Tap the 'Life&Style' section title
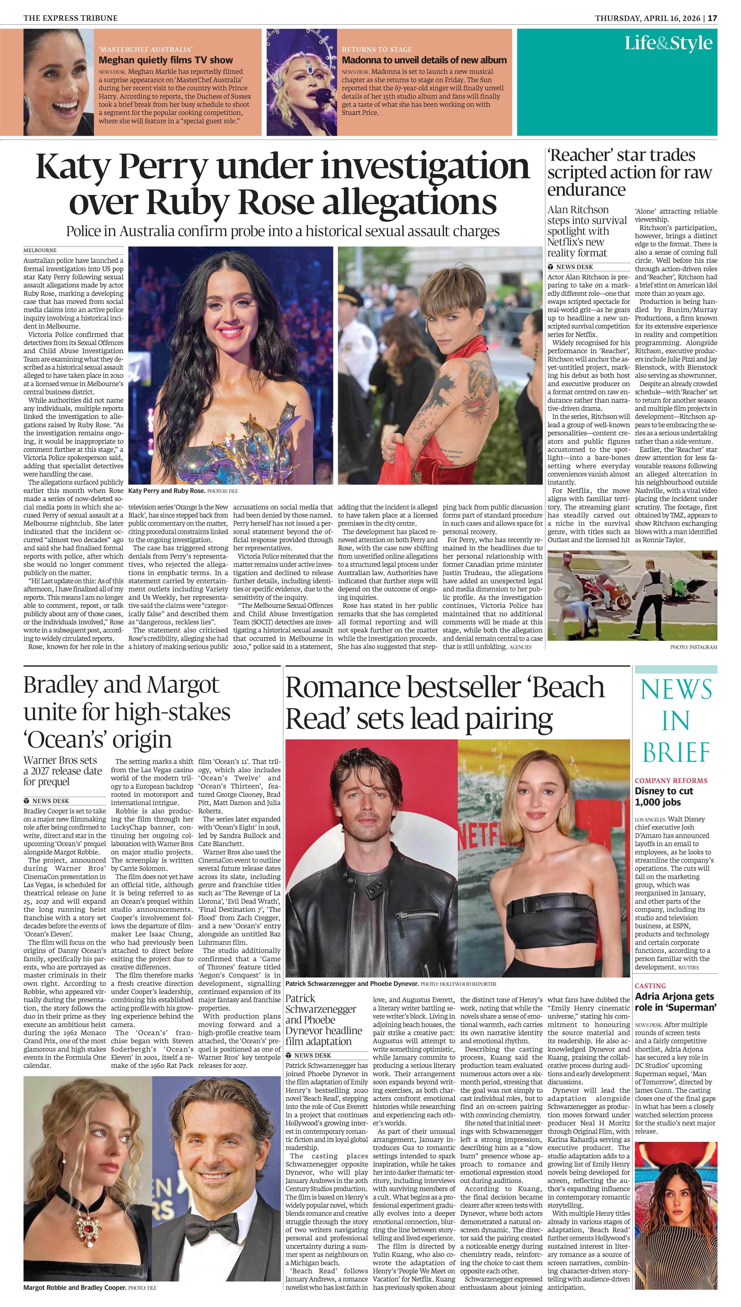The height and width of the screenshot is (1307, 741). point(668,43)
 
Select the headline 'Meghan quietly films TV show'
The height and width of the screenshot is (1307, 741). point(165,60)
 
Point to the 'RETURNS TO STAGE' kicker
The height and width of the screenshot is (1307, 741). point(377,49)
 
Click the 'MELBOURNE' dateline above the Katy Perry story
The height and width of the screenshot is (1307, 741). point(40,250)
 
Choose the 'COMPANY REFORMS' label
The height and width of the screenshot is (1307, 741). point(671,780)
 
